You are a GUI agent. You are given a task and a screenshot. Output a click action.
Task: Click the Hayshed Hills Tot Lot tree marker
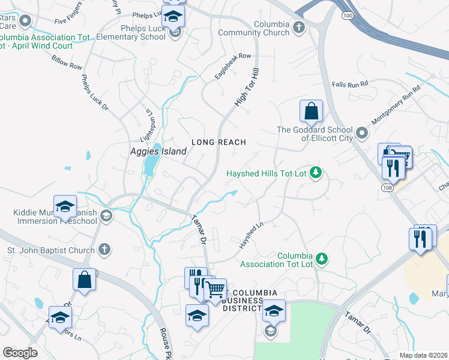tap(316, 174)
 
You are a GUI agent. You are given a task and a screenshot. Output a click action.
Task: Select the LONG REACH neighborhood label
tap(218, 142)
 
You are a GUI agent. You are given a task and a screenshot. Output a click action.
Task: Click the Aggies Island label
tap(158, 152)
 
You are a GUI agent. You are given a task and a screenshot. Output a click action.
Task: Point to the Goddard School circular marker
tap(361, 132)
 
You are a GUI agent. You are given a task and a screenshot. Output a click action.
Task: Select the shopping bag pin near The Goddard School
tap(311, 112)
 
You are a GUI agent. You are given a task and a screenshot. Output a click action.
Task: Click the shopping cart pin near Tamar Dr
tap(215, 290)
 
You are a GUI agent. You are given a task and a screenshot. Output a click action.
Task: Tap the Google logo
tap(20, 353)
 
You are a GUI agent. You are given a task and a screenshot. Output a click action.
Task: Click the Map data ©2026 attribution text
tap(424, 355)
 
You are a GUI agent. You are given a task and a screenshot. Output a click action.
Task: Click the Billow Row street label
tap(67, 62)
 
